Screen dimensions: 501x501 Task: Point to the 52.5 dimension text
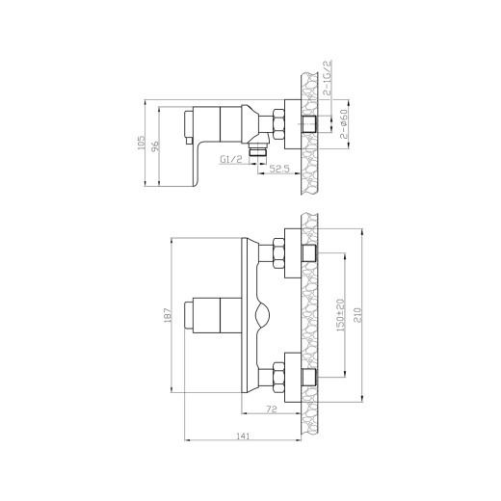(279, 169)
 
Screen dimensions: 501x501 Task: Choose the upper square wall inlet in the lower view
(308, 253)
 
